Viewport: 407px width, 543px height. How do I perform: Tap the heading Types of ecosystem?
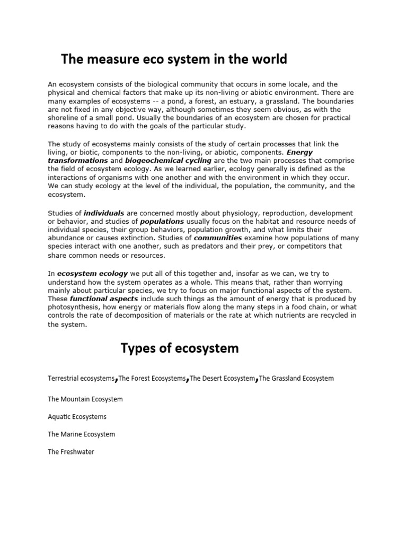180,348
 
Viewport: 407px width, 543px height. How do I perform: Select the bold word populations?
162,221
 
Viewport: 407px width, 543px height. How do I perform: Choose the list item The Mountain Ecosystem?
85,399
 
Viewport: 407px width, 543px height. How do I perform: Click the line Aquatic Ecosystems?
77,417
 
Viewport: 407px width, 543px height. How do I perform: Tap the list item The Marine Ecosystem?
81,434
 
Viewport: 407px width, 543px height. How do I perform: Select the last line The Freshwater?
70,452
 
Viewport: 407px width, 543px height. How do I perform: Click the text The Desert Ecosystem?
222,379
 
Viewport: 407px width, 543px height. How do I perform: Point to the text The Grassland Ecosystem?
296,379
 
